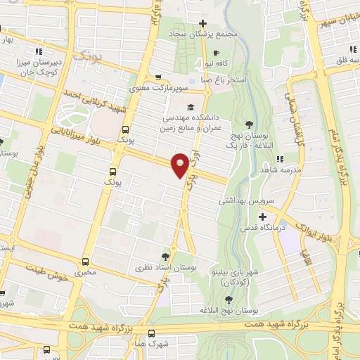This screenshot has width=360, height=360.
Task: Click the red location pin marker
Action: pyautogui.click(x=180, y=164)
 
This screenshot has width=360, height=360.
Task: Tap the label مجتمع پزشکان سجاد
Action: pyautogui.click(x=202, y=33)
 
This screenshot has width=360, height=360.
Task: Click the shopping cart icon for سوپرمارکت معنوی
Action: pyautogui.click(x=158, y=77)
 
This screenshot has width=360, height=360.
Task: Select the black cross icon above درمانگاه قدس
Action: pyautogui.click(x=263, y=216)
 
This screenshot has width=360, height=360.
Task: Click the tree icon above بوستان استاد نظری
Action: pyautogui.click(x=165, y=256)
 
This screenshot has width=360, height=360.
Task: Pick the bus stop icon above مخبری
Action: pyautogui.click(x=86, y=257)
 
